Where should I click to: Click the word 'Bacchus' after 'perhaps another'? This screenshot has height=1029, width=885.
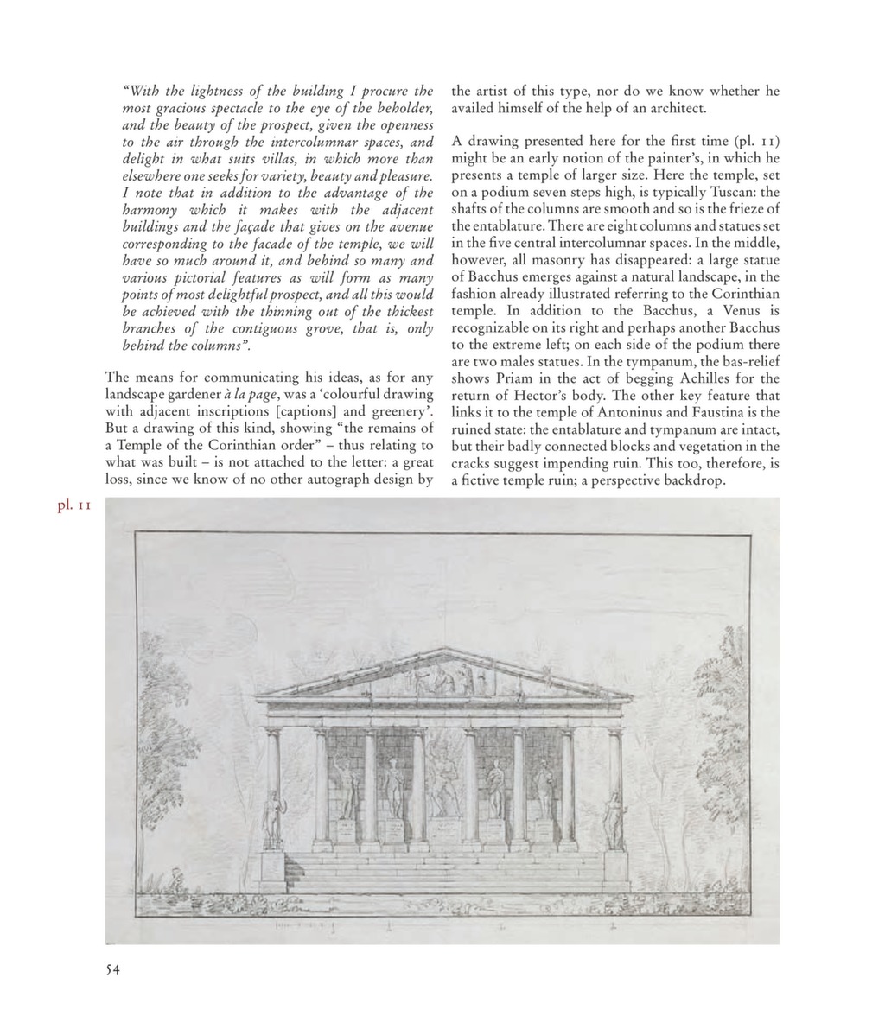752,327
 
